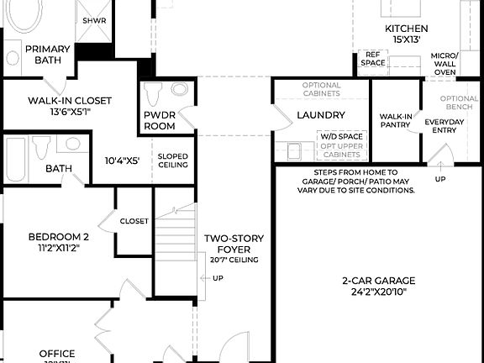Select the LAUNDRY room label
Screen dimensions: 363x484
320,115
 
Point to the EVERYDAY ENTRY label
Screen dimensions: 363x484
445,126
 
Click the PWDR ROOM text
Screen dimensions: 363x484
159,120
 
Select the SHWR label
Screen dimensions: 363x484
93,20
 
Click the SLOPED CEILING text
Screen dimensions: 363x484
173,160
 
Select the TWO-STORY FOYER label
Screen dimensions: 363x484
229,244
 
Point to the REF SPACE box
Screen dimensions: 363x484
372,59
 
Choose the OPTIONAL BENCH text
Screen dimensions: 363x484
459,103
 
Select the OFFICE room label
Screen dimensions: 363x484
57,354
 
